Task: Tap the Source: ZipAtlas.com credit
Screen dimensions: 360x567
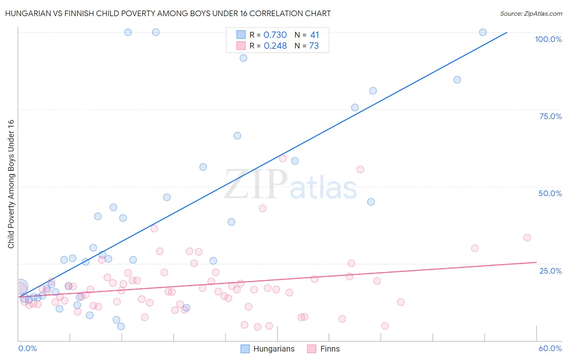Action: [x=531, y=13]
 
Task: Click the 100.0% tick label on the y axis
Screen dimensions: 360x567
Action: [x=548, y=39]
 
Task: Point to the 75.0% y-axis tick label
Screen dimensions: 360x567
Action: [x=550, y=116]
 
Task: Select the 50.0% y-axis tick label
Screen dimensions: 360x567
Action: [x=550, y=193]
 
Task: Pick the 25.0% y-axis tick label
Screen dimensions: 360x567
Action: [x=550, y=270]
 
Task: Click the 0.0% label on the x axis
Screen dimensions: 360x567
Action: [x=27, y=348]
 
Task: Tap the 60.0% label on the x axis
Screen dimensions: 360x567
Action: [x=550, y=348]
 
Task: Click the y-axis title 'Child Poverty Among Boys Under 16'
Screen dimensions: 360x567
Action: [x=11, y=184]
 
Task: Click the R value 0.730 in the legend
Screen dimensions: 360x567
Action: [x=275, y=35]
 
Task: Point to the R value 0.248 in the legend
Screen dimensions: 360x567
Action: [x=275, y=46]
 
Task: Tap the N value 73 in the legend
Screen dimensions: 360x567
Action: [x=314, y=46]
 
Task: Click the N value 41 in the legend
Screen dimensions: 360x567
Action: [x=314, y=35]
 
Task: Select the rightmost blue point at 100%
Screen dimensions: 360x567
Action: [x=483, y=32]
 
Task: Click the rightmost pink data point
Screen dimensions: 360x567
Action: [x=527, y=238]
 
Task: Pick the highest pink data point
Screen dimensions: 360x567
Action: [x=283, y=159]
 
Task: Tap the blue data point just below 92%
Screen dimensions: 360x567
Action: [x=243, y=58]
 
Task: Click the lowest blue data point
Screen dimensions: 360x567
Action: [x=121, y=327]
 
